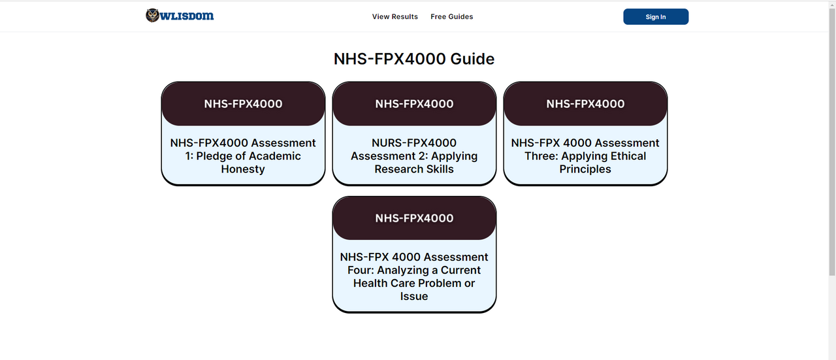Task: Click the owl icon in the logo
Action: [152, 15]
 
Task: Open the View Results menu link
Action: [395, 17]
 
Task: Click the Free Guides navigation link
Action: [451, 17]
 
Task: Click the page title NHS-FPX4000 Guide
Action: [414, 59]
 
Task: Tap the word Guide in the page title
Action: [472, 59]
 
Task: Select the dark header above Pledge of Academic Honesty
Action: [243, 104]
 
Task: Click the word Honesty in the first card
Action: [243, 169]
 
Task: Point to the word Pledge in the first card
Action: [213, 156]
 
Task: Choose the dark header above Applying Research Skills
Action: [414, 104]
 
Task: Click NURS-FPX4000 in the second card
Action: [414, 143]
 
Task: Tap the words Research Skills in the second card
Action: [414, 169]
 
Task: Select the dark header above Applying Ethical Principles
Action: [585, 104]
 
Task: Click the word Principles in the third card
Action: [585, 169]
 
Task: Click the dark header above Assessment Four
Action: [414, 218]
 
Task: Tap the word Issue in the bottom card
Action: [414, 296]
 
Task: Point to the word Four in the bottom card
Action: [361, 270]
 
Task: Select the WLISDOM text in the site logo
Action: [187, 16]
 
